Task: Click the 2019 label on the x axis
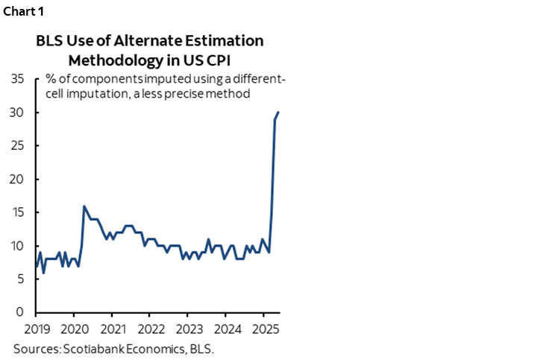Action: pyautogui.click(x=37, y=329)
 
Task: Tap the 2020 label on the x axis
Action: pyautogui.click(x=75, y=329)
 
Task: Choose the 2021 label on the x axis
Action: pyautogui.click(x=113, y=329)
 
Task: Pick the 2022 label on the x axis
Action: pyautogui.click(x=151, y=329)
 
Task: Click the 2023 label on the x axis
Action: pyautogui.click(x=189, y=329)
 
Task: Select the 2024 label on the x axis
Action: pyautogui.click(x=227, y=329)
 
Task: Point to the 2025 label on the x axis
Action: pyautogui.click(x=264, y=329)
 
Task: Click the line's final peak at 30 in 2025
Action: pyautogui.click(x=278, y=113)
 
